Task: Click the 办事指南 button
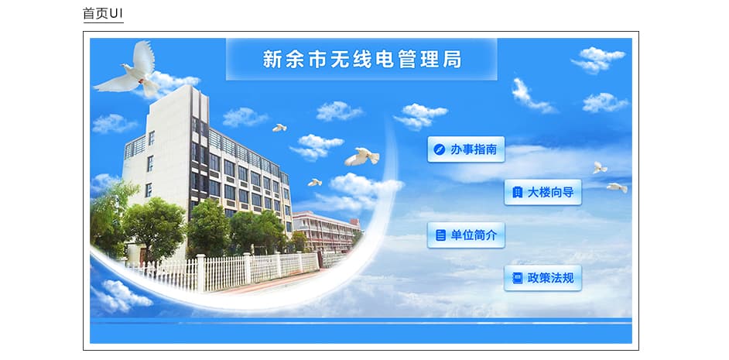[466, 149]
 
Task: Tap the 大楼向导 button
[542, 192]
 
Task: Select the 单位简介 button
[466, 235]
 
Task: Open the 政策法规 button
[542, 278]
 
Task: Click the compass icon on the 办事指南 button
[439, 149]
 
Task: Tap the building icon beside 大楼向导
[516, 192]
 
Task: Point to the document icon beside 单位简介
[440, 235]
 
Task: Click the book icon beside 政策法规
[517, 278]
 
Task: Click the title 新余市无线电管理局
[362, 60]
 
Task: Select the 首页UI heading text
[103, 13]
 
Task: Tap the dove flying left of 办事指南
[361, 156]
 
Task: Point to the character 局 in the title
[452, 60]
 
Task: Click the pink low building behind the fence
[326, 231]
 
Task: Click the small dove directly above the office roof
[279, 128]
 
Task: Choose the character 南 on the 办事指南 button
[491, 149]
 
